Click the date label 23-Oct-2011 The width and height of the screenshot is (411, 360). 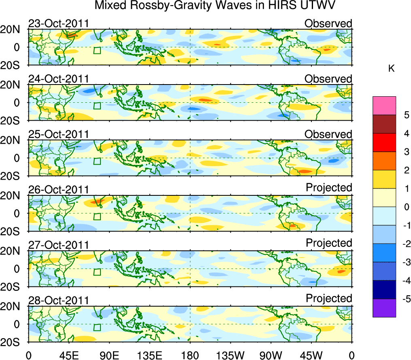point(58,23)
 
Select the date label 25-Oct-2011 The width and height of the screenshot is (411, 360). point(58,134)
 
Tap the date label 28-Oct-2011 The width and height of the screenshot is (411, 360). point(58,301)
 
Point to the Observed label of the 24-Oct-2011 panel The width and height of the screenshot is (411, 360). point(328,79)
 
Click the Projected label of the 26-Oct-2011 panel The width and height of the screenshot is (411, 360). point(329,188)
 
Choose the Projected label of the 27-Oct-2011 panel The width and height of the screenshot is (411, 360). point(329,243)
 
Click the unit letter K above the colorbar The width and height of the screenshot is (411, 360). point(391,69)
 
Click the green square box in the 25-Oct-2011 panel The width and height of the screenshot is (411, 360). point(97,161)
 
